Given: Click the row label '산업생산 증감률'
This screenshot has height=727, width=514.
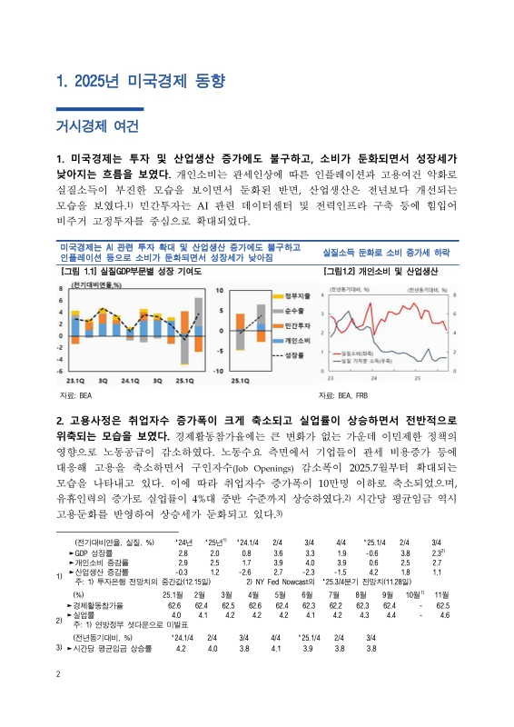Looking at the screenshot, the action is point(101,572).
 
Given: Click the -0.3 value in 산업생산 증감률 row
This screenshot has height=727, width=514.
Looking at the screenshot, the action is point(182,572).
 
